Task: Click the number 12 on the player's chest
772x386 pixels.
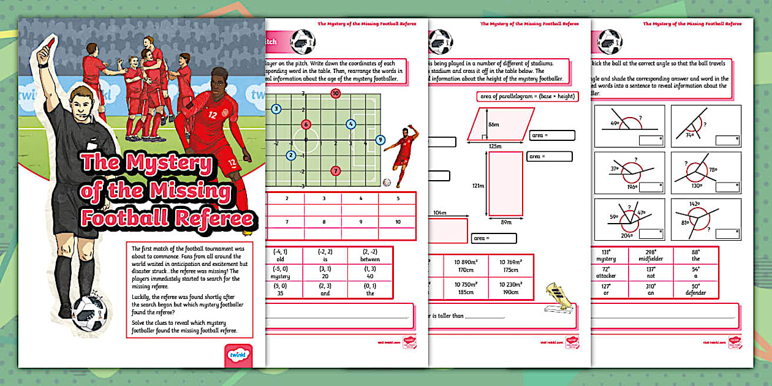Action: (x=212, y=115)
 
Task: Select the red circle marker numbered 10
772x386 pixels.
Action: (x=335, y=94)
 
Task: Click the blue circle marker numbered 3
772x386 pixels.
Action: (x=276, y=109)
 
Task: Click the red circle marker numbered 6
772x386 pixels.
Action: (x=306, y=124)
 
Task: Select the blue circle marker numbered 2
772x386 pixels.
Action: (x=291, y=155)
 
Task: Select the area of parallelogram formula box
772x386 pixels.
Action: (x=525, y=97)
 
